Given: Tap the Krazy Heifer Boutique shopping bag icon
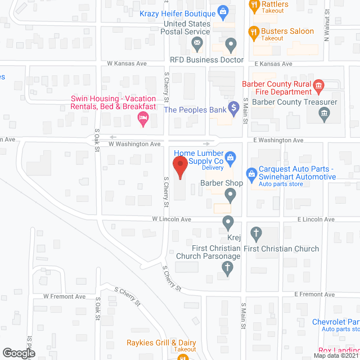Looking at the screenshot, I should pos(223,11).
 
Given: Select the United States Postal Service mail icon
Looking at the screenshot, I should pos(197,43).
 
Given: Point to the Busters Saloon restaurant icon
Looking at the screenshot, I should pos(254,34).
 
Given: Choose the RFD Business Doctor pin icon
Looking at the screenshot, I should pos(230,44).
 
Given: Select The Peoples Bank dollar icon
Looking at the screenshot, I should pos(232,109).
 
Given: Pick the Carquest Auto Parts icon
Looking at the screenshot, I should pos(252,173).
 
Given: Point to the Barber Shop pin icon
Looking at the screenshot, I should pos(230,195).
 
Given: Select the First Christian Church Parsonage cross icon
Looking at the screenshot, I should pos(227,268).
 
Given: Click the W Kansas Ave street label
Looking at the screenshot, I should pos(127,64).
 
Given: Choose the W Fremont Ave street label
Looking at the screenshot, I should pos(64,296).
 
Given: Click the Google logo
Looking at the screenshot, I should pos(18,353).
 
